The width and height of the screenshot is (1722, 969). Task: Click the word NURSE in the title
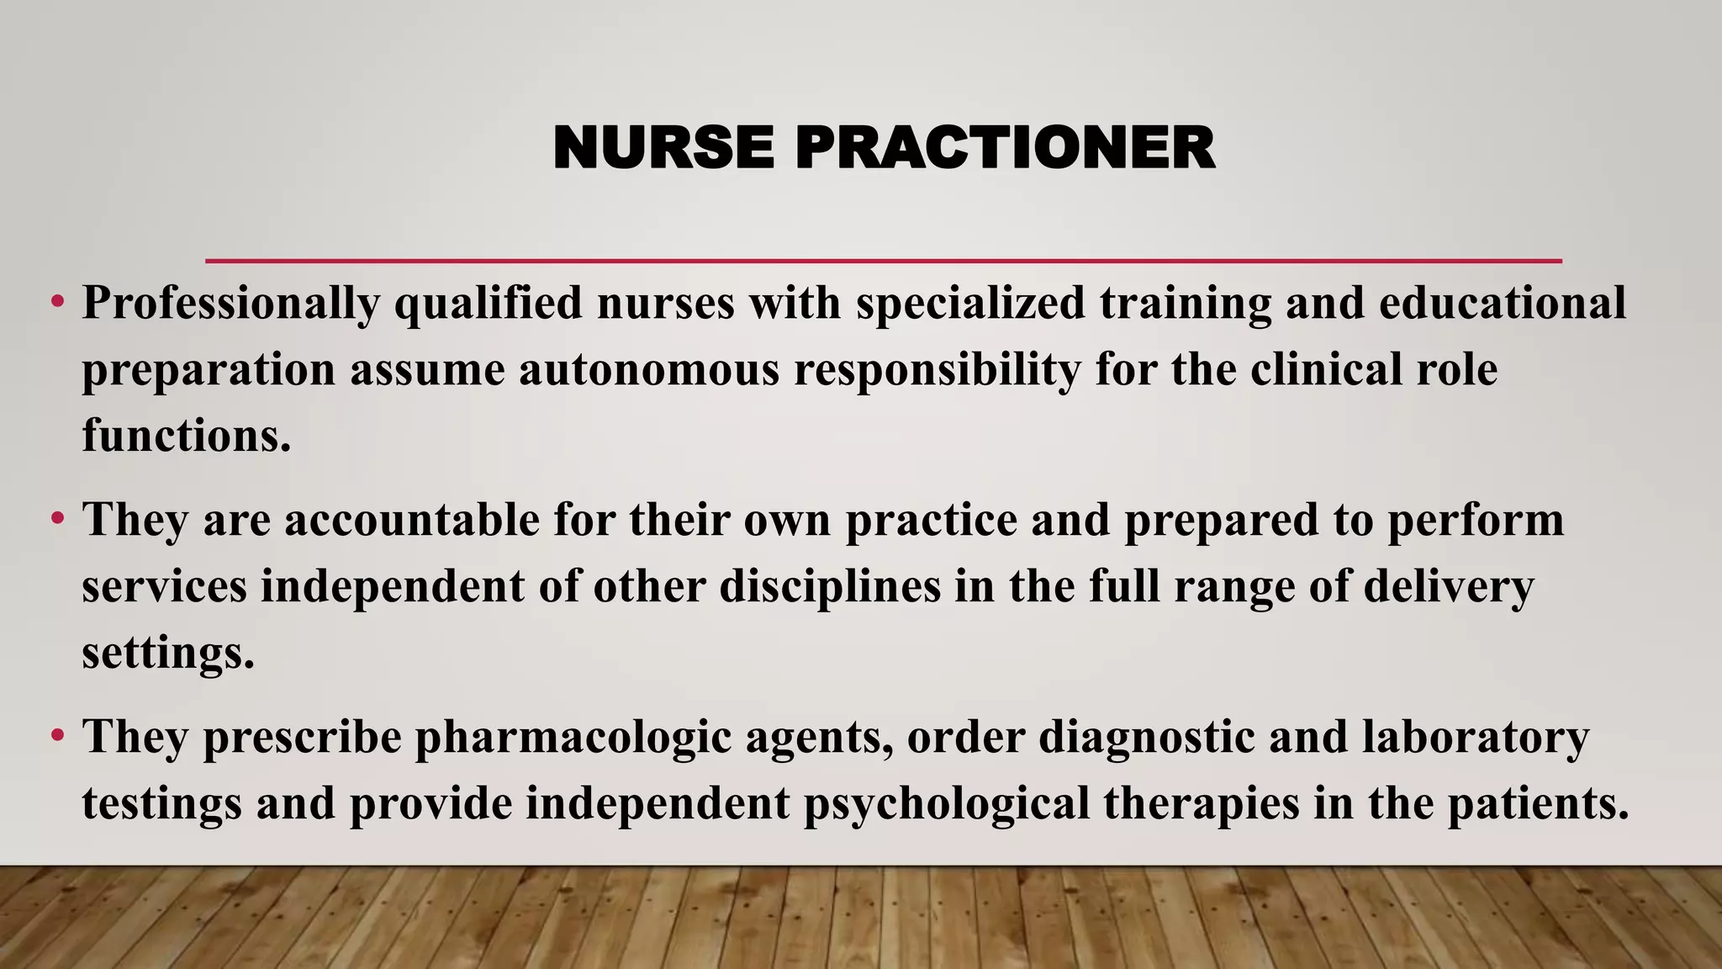663,148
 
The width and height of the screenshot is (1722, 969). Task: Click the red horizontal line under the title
883,261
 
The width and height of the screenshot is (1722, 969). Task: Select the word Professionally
230,304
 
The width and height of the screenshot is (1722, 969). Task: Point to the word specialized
970,304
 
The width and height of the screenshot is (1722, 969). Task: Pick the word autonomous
649,370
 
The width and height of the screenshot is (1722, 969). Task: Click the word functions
186,436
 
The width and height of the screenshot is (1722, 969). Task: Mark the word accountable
412,520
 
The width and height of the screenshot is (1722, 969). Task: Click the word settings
167,654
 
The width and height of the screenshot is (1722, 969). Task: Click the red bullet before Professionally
57,301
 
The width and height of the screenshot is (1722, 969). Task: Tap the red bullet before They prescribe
57,735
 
